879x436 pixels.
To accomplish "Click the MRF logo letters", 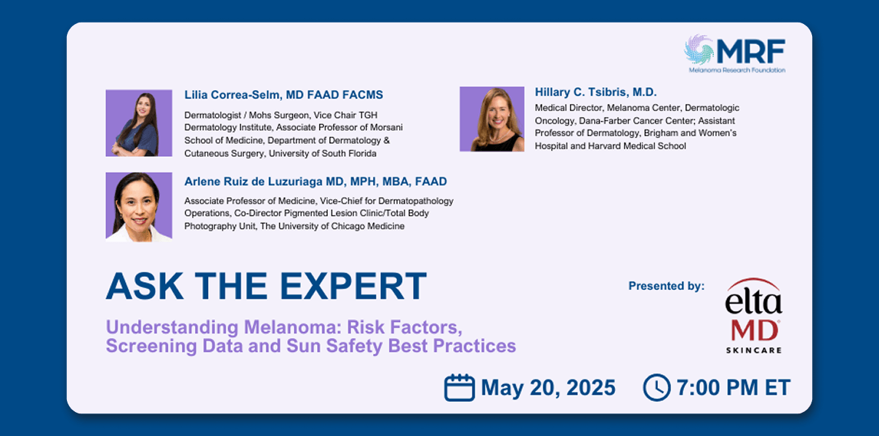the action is [x=751, y=51].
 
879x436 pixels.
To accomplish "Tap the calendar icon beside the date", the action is [x=459, y=387].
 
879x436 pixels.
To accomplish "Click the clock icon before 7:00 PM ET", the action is [x=657, y=387].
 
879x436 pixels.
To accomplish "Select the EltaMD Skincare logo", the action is [x=753, y=315].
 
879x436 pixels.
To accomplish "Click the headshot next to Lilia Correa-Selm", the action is [x=139, y=123].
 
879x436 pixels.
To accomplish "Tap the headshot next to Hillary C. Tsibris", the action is [x=492, y=119].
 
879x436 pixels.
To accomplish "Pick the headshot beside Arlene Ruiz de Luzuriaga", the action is [x=139, y=206].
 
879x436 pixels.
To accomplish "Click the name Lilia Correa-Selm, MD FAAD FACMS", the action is [x=284, y=95].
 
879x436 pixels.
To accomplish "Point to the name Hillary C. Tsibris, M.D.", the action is [x=595, y=92].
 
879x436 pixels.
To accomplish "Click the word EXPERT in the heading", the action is [x=353, y=286].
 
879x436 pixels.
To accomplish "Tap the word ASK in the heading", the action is [x=145, y=286].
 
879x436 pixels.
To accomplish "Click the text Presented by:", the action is [x=666, y=286].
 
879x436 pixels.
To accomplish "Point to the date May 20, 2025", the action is [x=548, y=387].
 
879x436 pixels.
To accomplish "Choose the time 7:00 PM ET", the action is [x=734, y=387].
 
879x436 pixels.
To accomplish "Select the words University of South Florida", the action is [x=323, y=153].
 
